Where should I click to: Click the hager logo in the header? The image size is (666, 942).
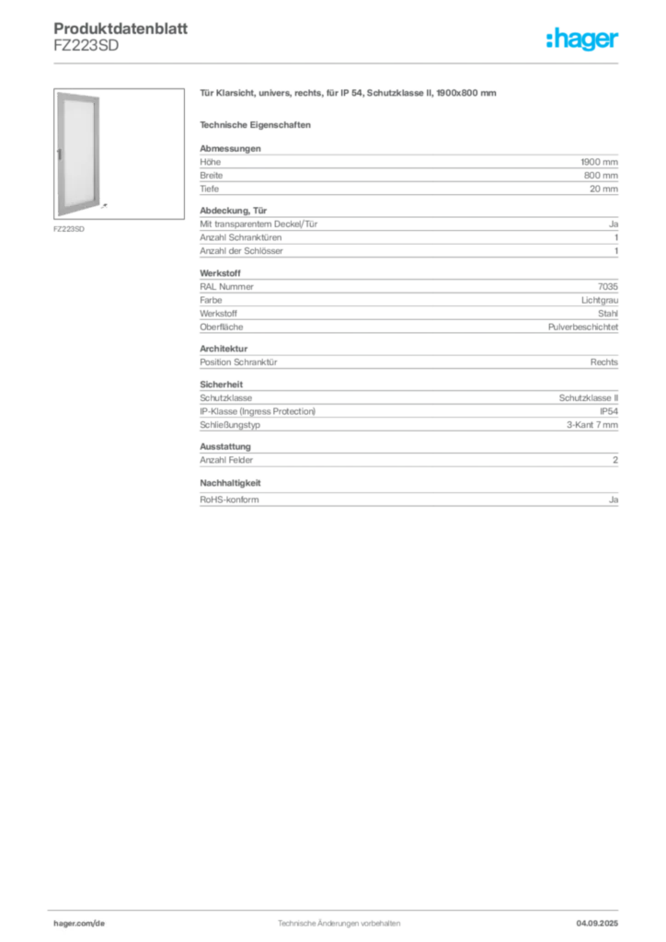click(x=582, y=39)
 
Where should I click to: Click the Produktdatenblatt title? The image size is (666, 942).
click(x=121, y=29)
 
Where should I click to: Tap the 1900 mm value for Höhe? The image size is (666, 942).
click(x=600, y=162)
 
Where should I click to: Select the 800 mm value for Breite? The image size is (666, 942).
click(x=601, y=176)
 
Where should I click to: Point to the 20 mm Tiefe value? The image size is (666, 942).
click(x=603, y=189)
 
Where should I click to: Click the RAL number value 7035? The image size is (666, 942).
click(x=608, y=287)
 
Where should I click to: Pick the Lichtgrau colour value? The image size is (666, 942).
click(x=600, y=300)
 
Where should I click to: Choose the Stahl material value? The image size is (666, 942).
click(x=608, y=314)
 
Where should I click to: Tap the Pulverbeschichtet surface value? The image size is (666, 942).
click(x=583, y=327)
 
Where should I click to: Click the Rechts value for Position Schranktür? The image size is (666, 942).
click(x=604, y=362)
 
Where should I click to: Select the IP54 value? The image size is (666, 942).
click(x=609, y=411)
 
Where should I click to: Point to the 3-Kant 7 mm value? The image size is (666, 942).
click(x=592, y=425)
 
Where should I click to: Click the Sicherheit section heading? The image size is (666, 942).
click(x=222, y=385)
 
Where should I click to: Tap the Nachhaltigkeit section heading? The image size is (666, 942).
click(x=230, y=483)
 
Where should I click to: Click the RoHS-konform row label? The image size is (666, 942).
click(x=229, y=500)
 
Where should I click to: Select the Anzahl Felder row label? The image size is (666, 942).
click(x=226, y=460)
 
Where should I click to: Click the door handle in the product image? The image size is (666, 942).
click(x=60, y=154)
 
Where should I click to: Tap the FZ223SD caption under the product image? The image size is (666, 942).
click(x=69, y=229)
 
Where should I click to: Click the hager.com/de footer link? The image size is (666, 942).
click(x=79, y=924)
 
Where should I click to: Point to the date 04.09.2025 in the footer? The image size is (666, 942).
click(x=597, y=924)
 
